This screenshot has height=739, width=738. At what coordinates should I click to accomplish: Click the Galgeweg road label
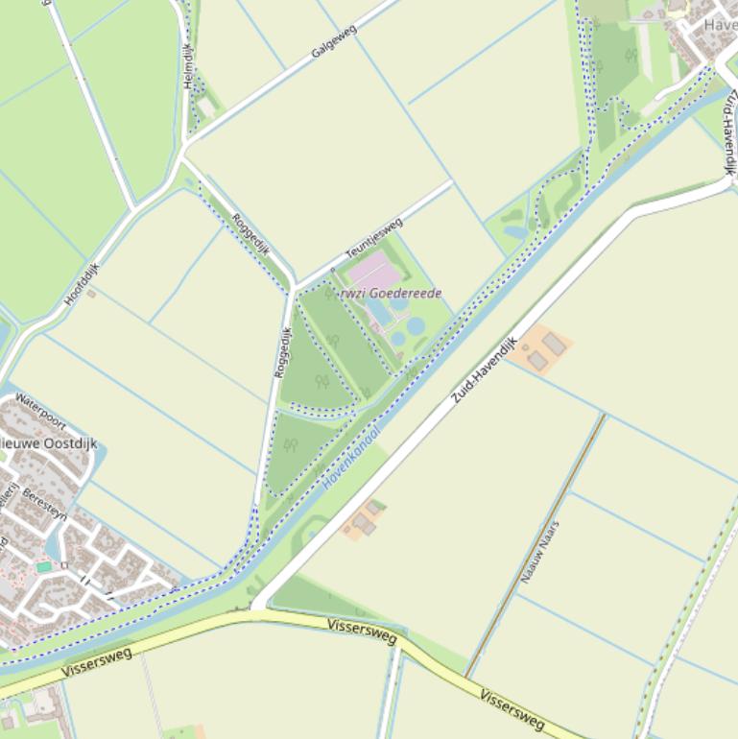(x=334, y=42)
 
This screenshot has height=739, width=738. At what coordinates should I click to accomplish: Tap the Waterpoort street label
(x=39, y=410)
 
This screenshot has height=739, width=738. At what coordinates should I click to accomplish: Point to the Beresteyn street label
(x=44, y=506)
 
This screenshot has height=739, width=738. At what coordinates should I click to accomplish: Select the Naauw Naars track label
(x=539, y=552)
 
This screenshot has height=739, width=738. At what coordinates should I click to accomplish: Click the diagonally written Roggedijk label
(x=251, y=234)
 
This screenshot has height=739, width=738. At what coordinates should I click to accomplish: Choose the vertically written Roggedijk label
(x=282, y=352)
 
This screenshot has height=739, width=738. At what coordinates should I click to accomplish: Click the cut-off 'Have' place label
(x=720, y=25)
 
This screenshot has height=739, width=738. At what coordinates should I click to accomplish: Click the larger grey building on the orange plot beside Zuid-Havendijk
(x=554, y=344)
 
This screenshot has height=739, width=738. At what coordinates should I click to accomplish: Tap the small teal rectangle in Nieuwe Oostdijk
(x=44, y=567)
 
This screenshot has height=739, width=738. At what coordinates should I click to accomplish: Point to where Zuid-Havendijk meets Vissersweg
(x=254, y=608)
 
